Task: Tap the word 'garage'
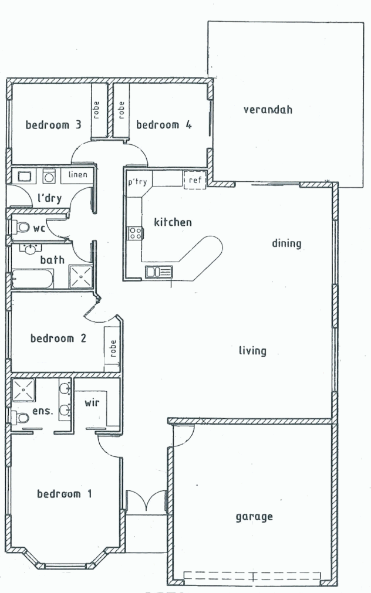(x=254, y=517)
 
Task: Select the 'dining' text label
(x=286, y=243)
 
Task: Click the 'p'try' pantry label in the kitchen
(x=137, y=182)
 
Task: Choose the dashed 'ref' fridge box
(x=194, y=181)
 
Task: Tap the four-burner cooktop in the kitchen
(x=134, y=233)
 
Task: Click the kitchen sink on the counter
(x=158, y=272)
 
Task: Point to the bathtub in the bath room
(x=33, y=278)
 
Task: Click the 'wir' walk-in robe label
(x=92, y=403)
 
